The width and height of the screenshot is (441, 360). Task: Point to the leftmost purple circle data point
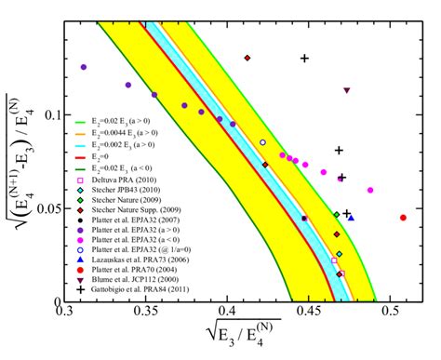[84, 67]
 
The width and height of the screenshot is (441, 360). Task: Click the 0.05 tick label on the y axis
[49, 207]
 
